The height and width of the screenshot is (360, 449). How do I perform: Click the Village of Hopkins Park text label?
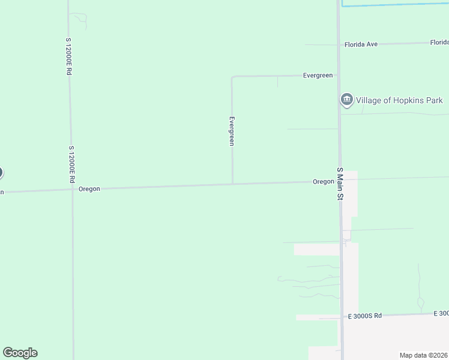399,100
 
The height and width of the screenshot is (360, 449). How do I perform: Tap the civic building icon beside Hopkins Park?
346,100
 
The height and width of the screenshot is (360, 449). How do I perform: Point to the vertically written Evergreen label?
232,131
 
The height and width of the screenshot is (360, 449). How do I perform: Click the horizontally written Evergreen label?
318,75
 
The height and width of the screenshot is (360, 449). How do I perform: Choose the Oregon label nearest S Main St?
323,181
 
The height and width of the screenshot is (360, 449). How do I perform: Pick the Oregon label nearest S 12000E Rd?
89,188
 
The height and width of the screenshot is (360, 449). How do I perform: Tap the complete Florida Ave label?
361,44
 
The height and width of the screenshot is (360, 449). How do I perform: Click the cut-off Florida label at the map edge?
439,43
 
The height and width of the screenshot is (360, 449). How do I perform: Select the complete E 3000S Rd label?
365,316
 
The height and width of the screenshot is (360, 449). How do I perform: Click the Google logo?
20,353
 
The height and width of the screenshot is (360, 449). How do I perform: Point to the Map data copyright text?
424,355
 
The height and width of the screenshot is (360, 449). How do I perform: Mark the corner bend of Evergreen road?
232,77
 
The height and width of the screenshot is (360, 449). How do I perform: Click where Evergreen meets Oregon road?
232,184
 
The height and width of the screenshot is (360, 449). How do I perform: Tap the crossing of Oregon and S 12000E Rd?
72,190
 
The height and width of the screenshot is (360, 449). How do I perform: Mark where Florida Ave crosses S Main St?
337,44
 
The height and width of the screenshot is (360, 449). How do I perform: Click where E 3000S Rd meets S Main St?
342,316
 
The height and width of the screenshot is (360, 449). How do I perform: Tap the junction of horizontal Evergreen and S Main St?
338,75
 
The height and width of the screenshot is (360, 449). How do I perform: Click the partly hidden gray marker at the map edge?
1,173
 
